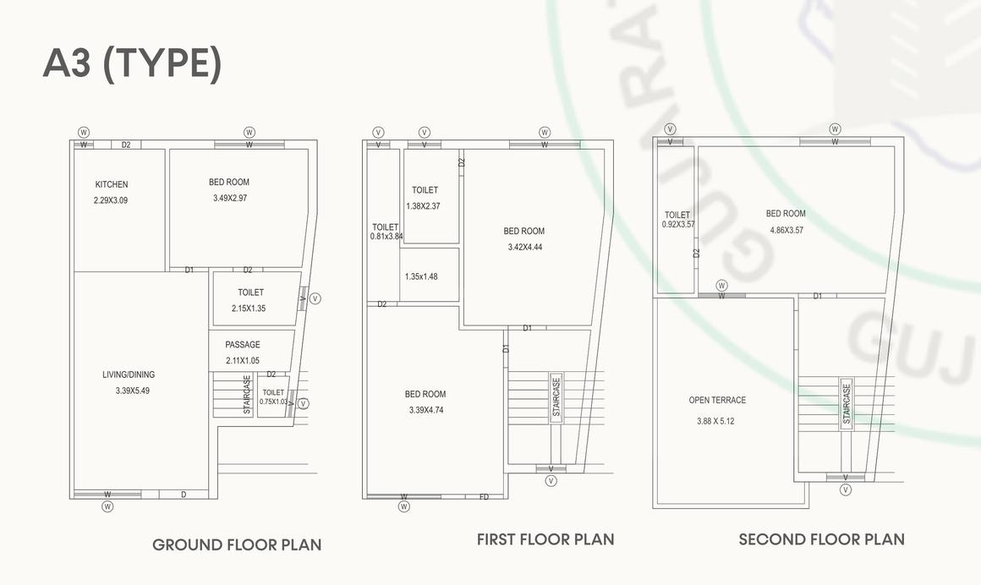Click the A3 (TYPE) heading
point(132,64)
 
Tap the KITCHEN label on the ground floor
point(112,184)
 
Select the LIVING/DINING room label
point(129,375)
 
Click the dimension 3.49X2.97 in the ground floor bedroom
point(230,198)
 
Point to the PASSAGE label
point(243,345)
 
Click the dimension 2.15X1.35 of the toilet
point(249,309)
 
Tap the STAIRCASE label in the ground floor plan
point(247,395)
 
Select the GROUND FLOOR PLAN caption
point(237,544)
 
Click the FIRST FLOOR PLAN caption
point(545,539)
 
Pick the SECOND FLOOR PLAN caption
point(821,539)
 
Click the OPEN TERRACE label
point(717,401)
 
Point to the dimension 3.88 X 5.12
point(715,420)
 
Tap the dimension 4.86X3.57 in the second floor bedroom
point(786,230)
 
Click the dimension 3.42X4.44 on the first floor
point(524,248)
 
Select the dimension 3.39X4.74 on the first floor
point(425,410)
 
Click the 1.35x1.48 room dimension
point(421,276)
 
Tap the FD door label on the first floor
point(485,497)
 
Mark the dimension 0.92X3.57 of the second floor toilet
point(678,224)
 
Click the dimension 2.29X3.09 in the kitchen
point(111,200)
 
